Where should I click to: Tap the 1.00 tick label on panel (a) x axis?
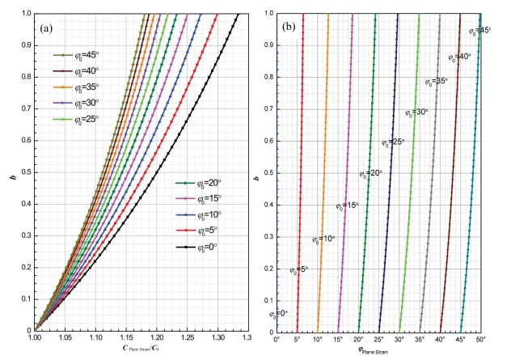(36, 339)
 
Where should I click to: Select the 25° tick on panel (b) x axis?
(378, 339)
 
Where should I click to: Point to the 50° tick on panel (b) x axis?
(480, 339)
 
